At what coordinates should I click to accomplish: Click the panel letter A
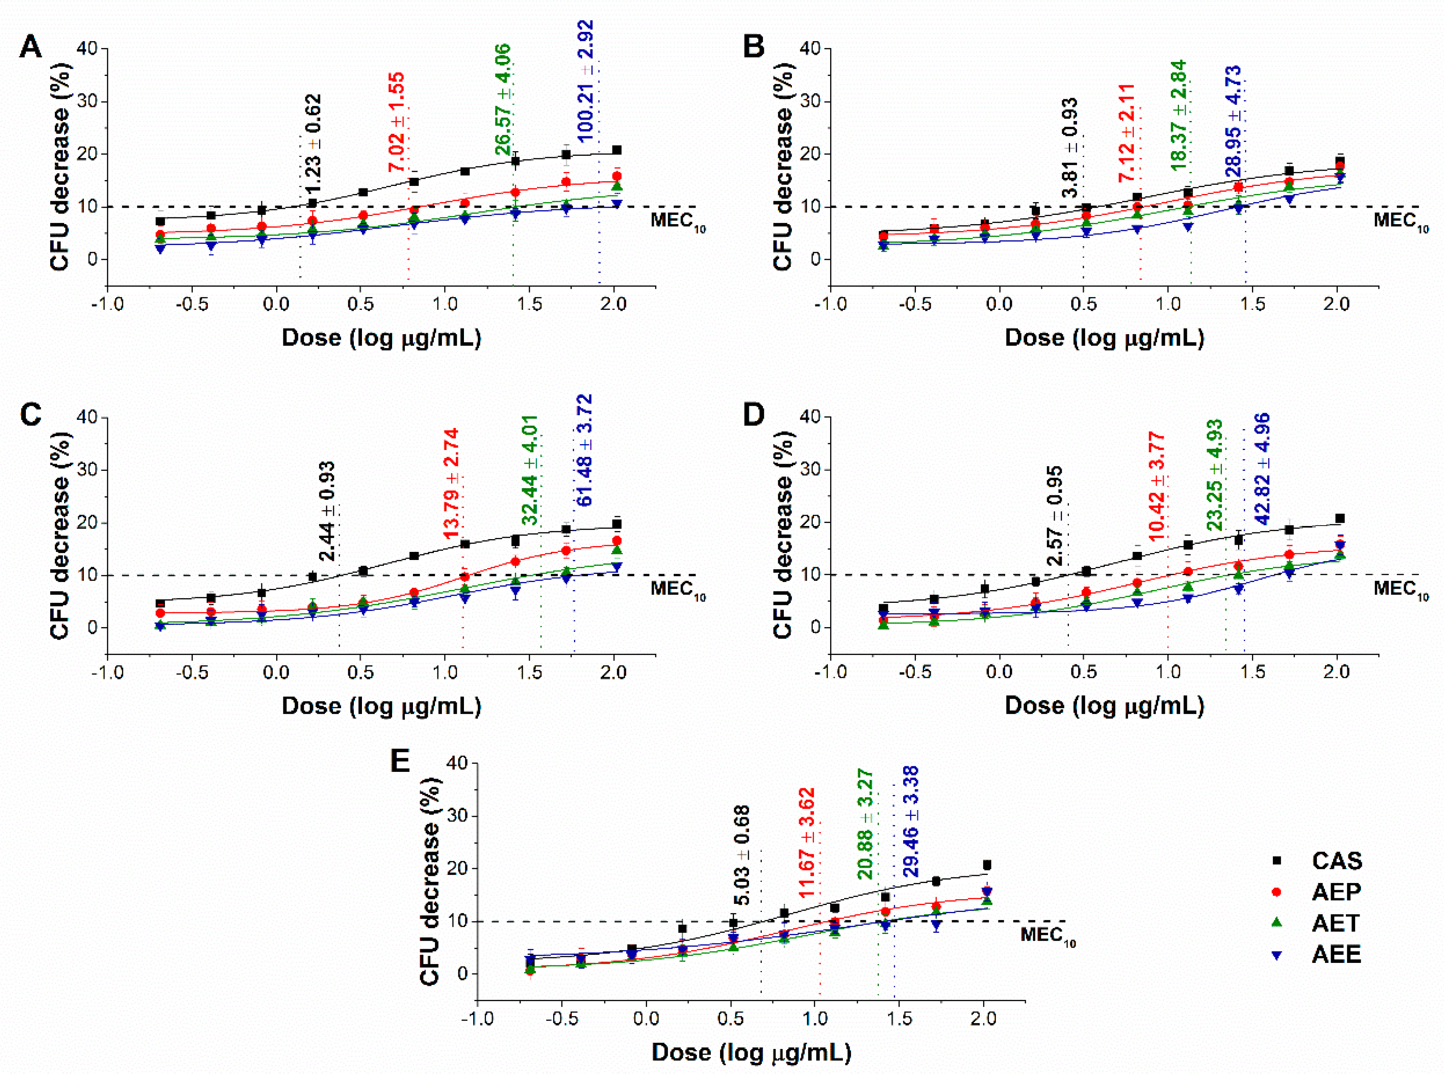(x=31, y=47)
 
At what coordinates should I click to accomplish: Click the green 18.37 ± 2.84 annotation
(x=1178, y=115)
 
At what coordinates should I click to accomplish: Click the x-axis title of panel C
(x=381, y=706)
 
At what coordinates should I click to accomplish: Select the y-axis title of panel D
(x=782, y=535)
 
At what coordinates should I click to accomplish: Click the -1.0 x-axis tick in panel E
(x=477, y=1018)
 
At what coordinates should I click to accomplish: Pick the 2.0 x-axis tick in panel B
(x=1336, y=304)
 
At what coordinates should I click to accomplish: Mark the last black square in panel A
(x=616, y=150)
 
